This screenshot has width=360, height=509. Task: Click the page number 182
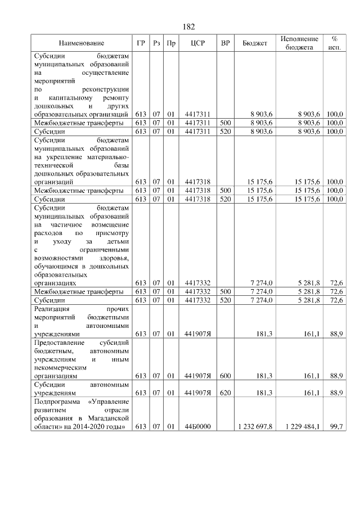pos(189,27)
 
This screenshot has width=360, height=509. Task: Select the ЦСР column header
pos(197,43)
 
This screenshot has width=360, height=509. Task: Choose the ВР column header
pos(225,43)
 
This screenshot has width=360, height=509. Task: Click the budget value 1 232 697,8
pos(254,427)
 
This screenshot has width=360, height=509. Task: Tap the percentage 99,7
pos(336,427)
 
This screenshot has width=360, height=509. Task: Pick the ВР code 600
pos(225,375)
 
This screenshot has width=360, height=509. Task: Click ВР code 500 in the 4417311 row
pos(225,123)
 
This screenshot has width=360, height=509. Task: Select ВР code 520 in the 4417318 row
pos(225,199)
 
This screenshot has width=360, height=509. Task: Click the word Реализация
pos(52,309)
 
